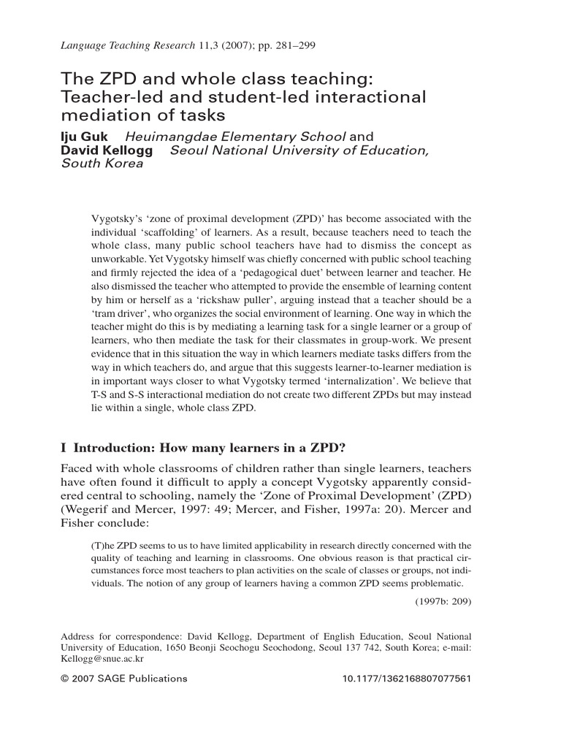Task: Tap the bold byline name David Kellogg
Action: [x=110, y=150]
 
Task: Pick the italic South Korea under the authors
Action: [x=102, y=164]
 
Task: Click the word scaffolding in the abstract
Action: [x=171, y=232]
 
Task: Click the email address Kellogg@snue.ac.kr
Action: [x=102, y=657]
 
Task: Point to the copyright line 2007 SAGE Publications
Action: [x=129, y=679]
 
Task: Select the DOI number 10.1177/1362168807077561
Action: [x=406, y=679]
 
